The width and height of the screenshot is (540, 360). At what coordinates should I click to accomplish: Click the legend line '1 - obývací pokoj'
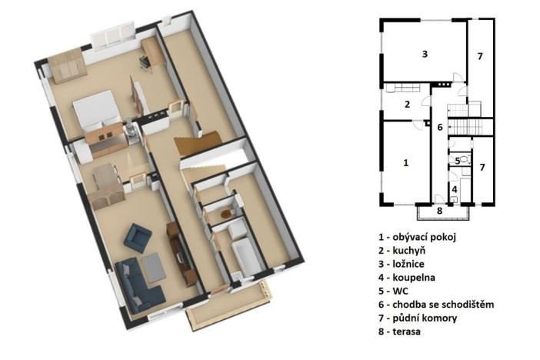click(x=417, y=237)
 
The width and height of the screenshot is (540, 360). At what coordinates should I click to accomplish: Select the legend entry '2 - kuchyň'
click(x=402, y=251)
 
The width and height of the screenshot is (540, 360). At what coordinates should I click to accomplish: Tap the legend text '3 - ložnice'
click(x=402, y=264)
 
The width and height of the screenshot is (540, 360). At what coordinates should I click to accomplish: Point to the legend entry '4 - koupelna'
click(x=407, y=278)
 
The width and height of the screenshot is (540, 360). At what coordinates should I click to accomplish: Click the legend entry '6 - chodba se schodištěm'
click(x=436, y=305)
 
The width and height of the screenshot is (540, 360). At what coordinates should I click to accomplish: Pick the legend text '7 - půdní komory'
click(x=418, y=318)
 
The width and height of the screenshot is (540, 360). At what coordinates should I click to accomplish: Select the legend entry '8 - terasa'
click(x=399, y=332)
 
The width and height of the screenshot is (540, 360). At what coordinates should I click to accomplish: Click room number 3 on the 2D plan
click(x=425, y=54)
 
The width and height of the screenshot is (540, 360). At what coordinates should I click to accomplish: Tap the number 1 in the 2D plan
click(x=406, y=162)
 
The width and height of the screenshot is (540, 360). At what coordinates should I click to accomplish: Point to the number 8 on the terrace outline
click(x=439, y=211)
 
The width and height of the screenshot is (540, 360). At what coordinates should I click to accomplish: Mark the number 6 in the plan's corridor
click(x=440, y=128)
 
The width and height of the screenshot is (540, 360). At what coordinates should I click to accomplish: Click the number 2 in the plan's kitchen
click(x=408, y=105)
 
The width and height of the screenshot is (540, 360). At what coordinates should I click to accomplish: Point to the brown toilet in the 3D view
click(x=226, y=214)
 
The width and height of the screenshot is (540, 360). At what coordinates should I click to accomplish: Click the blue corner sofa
click(x=138, y=286)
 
